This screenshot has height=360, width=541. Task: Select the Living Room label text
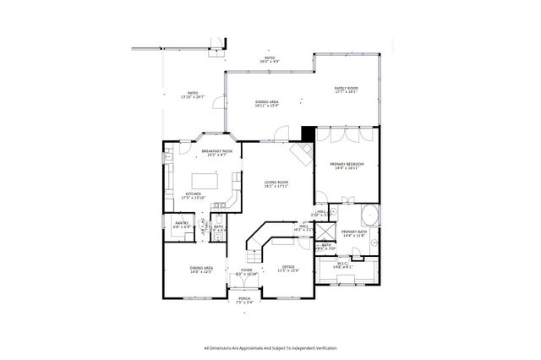pos(276,183)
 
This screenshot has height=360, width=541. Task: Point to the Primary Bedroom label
pos(347,166)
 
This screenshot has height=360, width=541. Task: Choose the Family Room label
pos(346,90)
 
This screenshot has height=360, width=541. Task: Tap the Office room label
pos(289,270)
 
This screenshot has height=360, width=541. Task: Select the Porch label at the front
pos(244,299)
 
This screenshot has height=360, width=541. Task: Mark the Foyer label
pos(246,272)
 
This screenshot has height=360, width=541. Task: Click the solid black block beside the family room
pos(308,134)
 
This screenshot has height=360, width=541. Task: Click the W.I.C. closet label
pos(342,265)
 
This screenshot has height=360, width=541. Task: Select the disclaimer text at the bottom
pos(270,347)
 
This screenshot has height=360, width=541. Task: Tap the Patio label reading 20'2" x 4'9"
pos(269,61)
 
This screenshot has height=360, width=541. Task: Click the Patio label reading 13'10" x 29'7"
pos(193,95)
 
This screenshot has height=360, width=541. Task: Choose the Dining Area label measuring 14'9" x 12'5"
pos(201,270)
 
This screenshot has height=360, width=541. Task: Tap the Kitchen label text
pos(194,196)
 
